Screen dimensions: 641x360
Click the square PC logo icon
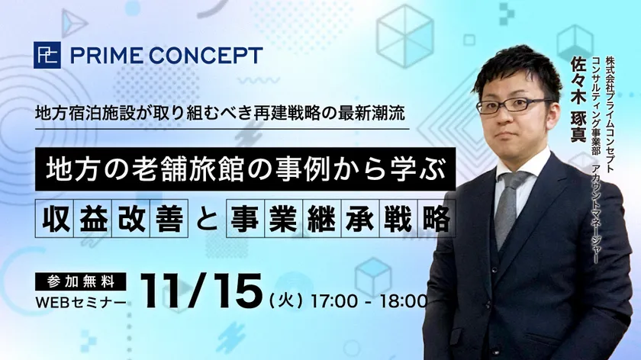coord(47,55)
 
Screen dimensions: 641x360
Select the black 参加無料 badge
coord(81,281)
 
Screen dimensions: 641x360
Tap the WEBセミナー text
coord(81,302)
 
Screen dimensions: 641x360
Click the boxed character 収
coord(55,218)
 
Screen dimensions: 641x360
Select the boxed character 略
coord(436,218)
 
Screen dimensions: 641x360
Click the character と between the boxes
coord(207,218)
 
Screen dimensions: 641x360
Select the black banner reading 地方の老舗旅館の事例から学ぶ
coord(245,169)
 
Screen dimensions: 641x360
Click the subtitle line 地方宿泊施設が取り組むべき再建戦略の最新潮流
coord(221,113)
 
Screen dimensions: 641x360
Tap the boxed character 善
coord(169,218)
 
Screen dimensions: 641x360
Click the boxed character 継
coord(322,218)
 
